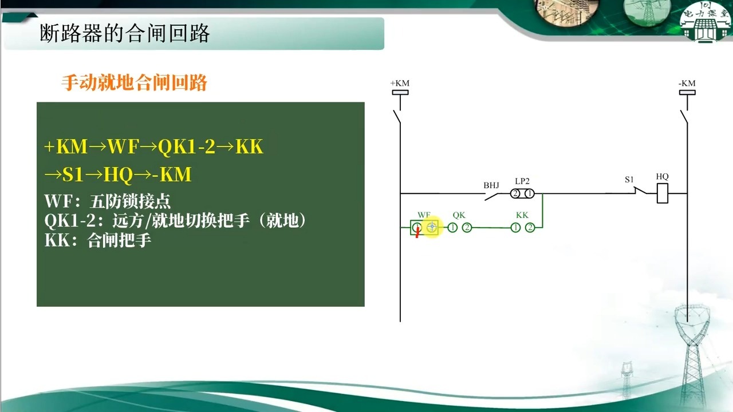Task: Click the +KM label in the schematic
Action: [x=400, y=84]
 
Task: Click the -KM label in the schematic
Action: [x=687, y=84]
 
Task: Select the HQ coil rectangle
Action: [x=663, y=193]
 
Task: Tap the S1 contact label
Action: [x=629, y=180]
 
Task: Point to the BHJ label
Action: [x=491, y=185]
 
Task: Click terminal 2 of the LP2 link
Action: [x=516, y=194]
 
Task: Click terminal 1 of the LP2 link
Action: [x=530, y=194]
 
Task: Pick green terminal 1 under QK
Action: [x=452, y=228]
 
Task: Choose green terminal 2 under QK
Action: [x=467, y=228]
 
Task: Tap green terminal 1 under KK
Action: [x=515, y=228]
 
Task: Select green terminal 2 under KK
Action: [x=530, y=228]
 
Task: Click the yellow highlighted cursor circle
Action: [x=432, y=227]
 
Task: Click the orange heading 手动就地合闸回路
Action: [x=134, y=84]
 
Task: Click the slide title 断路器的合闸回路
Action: [x=125, y=34]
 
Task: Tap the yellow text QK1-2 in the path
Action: [x=186, y=147]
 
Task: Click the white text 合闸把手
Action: [x=119, y=240]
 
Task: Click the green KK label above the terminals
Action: [x=522, y=215]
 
